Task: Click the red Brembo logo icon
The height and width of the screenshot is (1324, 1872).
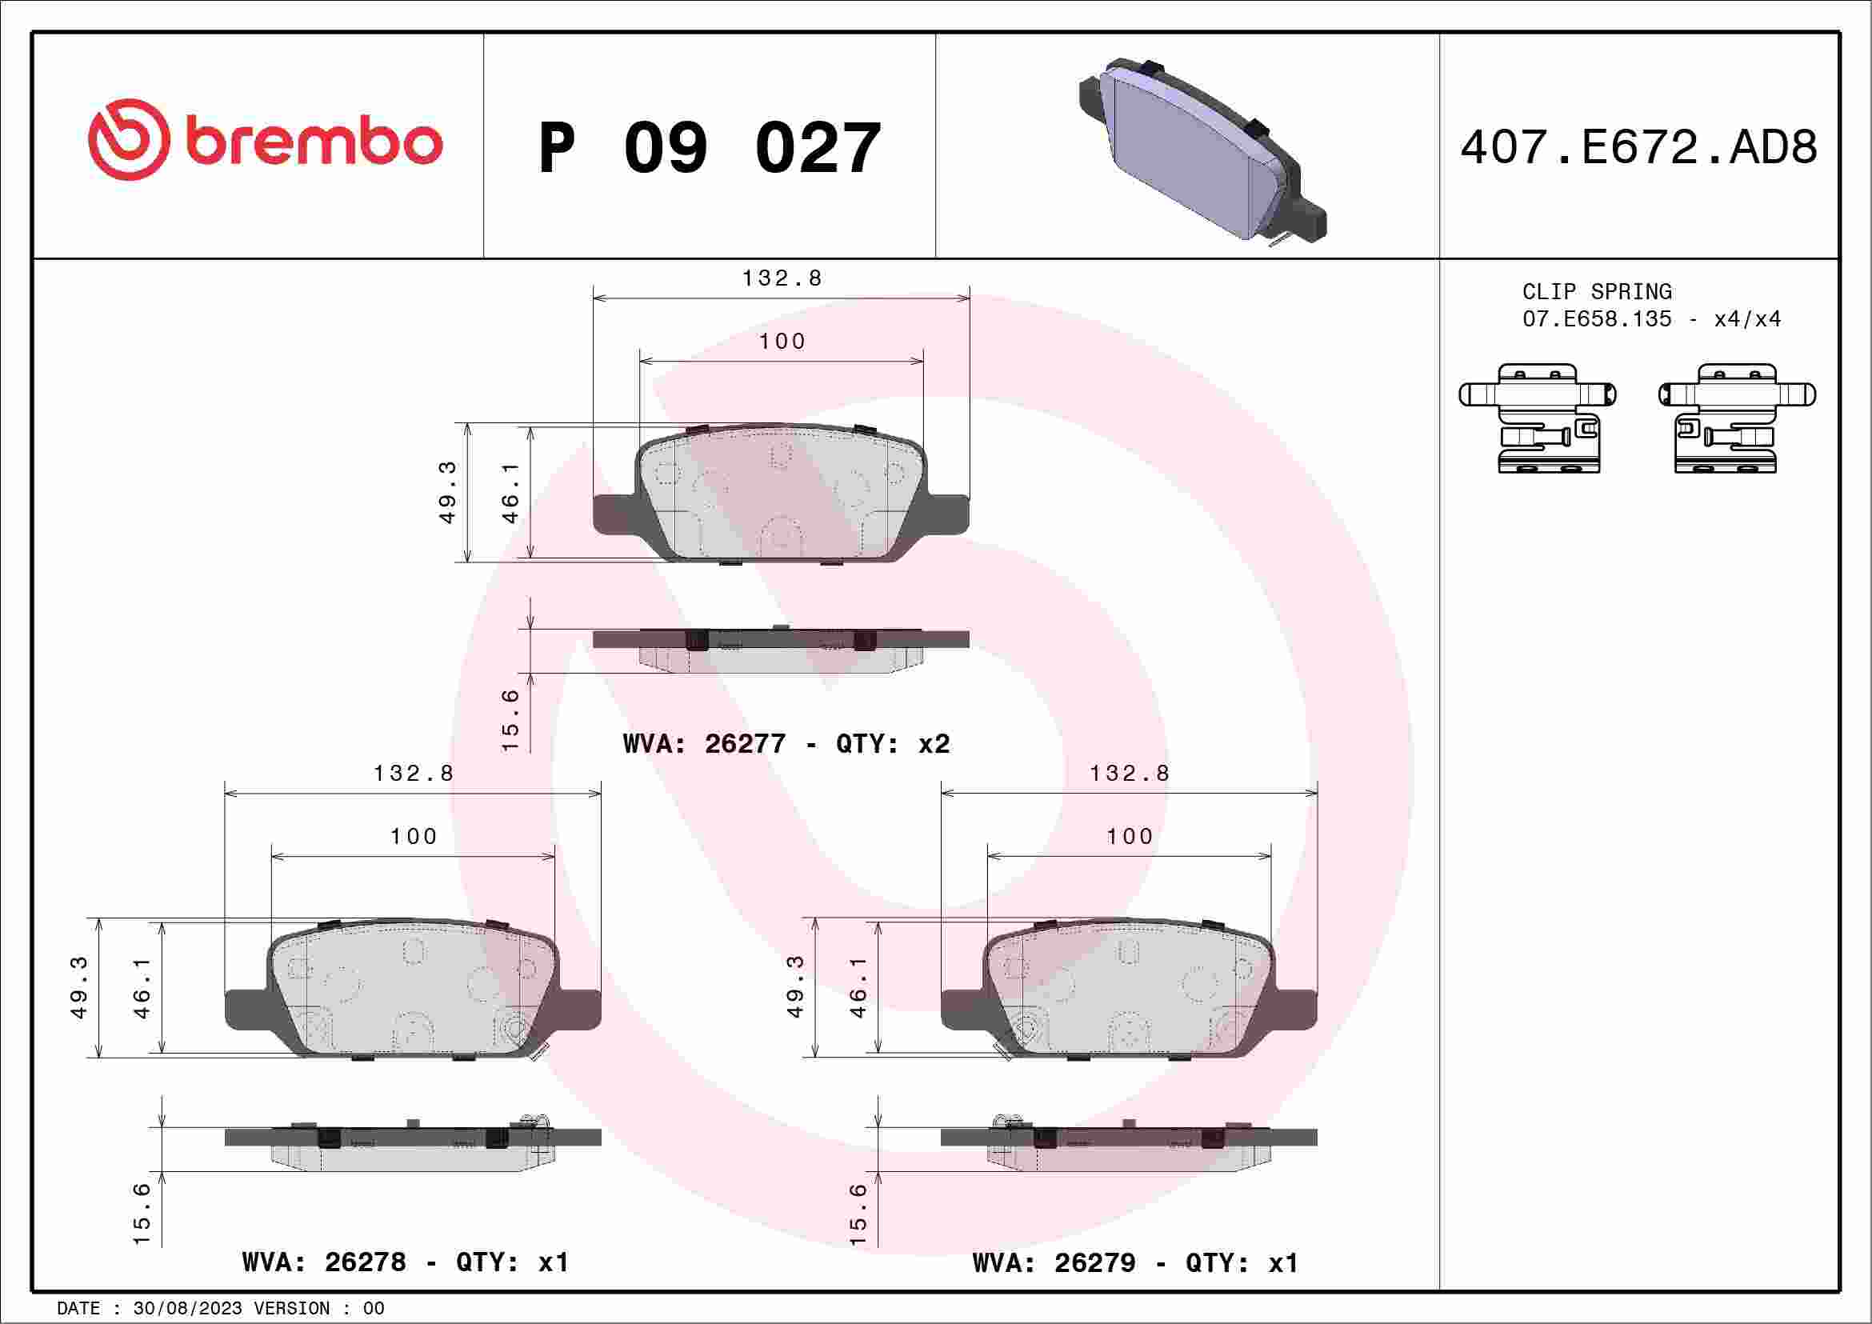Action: (130, 139)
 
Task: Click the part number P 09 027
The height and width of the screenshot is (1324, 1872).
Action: (710, 148)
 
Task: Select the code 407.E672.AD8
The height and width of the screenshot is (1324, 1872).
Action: (1639, 148)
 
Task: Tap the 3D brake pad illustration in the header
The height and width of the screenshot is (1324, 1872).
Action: (1202, 152)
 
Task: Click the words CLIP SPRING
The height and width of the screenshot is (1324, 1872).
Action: (1597, 292)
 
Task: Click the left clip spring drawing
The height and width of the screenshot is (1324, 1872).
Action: (1537, 418)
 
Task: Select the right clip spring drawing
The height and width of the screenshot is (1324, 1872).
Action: (1738, 418)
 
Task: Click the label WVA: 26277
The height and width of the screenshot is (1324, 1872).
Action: (704, 743)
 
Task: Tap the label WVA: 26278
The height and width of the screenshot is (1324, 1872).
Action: (324, 1262)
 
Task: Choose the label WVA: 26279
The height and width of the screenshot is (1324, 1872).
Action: (1054, 1263)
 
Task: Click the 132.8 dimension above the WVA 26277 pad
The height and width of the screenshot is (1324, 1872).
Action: (781, 278)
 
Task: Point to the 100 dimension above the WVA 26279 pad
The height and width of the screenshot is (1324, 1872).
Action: (1130, 837)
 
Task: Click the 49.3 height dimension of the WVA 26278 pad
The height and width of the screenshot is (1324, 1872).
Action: (79, 987)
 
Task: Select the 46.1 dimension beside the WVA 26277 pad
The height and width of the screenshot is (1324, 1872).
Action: (510, 493)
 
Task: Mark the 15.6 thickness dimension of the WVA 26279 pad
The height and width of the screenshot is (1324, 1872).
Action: (858, 1214)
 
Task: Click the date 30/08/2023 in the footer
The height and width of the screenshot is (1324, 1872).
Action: (187, 1308)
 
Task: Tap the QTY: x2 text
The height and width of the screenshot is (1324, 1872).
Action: (893, 743)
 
